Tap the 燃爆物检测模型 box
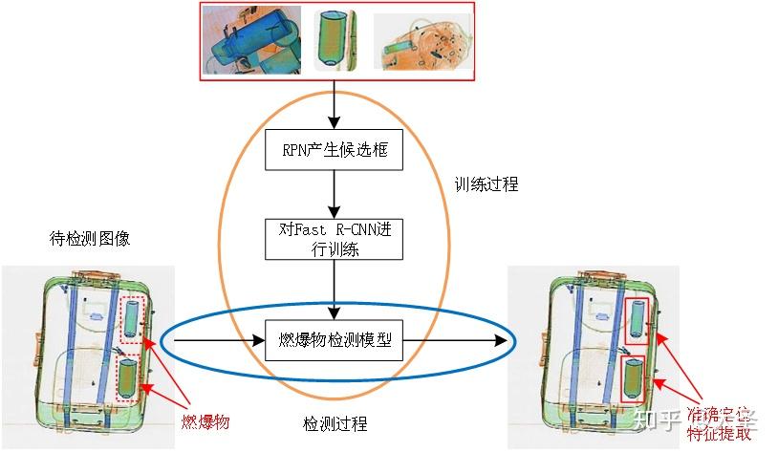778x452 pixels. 334,340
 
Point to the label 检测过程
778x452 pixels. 335,423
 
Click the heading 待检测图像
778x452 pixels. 89,238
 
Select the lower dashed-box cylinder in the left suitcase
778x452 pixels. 127,377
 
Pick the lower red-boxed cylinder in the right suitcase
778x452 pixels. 632,379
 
